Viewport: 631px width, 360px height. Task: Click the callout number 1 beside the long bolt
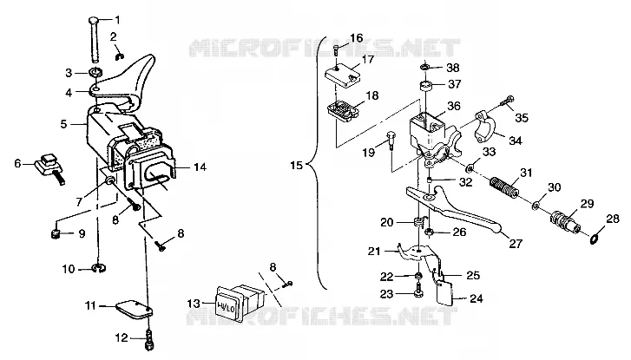117,19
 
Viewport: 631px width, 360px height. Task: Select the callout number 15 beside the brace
296,165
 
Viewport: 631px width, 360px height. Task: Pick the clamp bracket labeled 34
485,125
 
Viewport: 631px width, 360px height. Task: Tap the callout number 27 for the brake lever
516,244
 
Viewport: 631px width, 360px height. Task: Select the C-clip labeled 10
99,268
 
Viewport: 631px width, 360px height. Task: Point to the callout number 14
200,167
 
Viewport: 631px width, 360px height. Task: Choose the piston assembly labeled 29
564,221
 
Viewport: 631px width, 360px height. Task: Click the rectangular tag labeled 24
445,293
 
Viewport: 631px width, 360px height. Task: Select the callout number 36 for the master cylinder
454,106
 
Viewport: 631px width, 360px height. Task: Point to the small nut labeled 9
56,233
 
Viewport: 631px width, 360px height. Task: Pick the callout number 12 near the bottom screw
122,337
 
